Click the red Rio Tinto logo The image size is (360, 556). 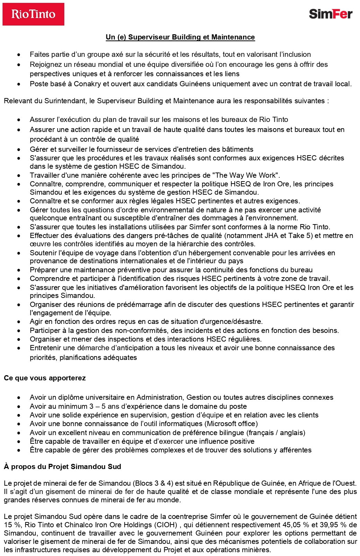tap(33, 14)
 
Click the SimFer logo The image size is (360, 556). tap(331, 14)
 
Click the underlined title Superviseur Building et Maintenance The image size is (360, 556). tap(180, 37)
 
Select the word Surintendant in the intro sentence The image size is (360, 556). tap(65, 101)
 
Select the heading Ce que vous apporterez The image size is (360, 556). tap(45, 378)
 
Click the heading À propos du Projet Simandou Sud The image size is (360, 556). tap(62, 467)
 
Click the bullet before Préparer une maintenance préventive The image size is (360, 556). tap(19, 270)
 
